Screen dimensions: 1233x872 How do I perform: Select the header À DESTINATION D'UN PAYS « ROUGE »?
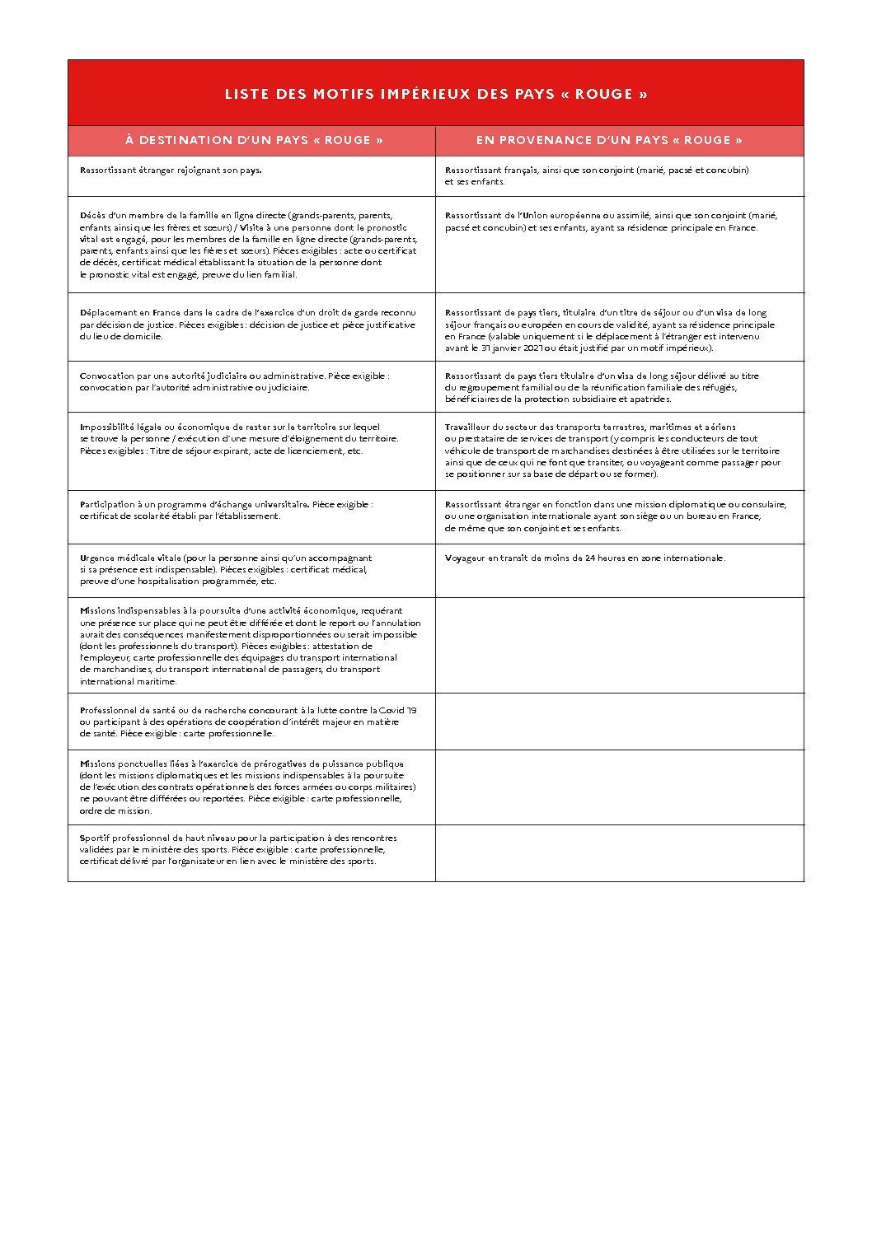point(254,140)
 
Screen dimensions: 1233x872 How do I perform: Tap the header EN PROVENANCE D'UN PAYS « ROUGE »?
point(609,140)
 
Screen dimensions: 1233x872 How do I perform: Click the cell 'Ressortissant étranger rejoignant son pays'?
point(171,170)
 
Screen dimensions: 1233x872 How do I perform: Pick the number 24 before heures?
point(590,558)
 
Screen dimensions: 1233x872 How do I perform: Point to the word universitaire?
point(274,504)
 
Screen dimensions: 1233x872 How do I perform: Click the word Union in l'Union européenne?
point(536,216)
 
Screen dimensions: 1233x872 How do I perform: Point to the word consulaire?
point(763,504)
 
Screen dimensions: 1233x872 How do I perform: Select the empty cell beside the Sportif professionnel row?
point(619,852)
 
